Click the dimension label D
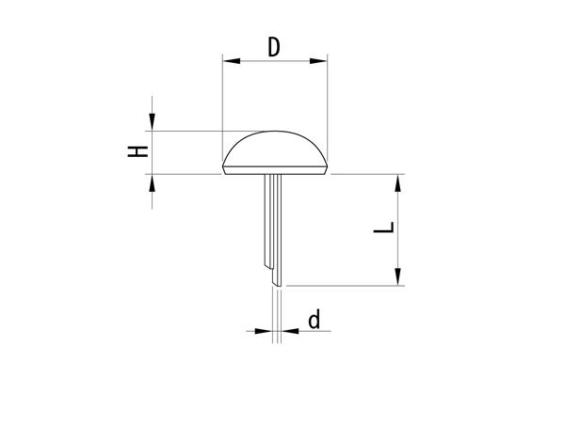(x=274, y=47)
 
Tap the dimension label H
(x=138, y=151)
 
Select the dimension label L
(x=384, y=228)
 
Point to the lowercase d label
(x=315, y=320)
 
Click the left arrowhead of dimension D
(x=232, y=61)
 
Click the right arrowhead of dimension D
(x=318, y=61)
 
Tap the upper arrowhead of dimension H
(x=152, y=122)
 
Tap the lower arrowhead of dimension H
(x=152, y=182)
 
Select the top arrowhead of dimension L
(x=397, y=182)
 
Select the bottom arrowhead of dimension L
(x=397, y=277)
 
